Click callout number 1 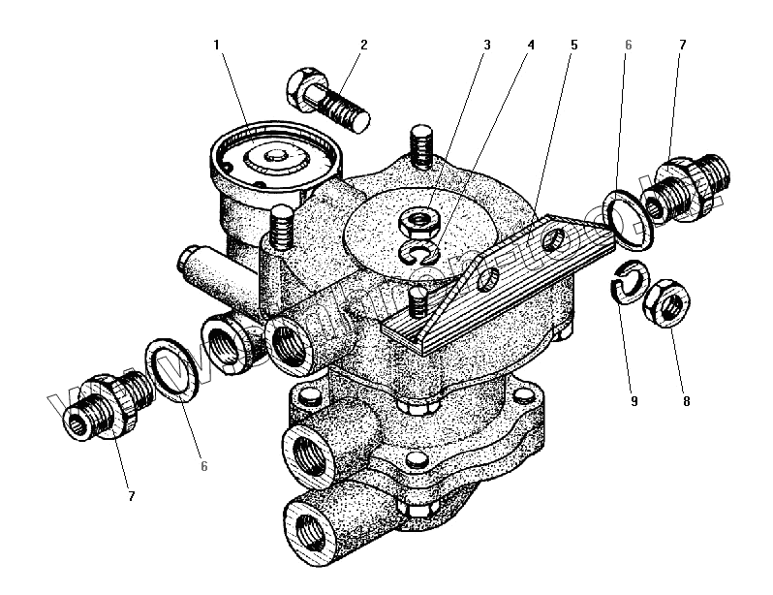tap(217, 45)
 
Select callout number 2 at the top tap(364, 45)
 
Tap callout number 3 tap(487, 45)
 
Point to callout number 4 tap(530, 45)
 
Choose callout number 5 tap(573, 45)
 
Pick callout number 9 tap(634, 398)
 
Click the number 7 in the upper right tap(682, 45)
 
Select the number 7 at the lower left tap(131, 496)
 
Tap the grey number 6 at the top tap(628, 45)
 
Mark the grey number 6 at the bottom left tap(204, 466)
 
